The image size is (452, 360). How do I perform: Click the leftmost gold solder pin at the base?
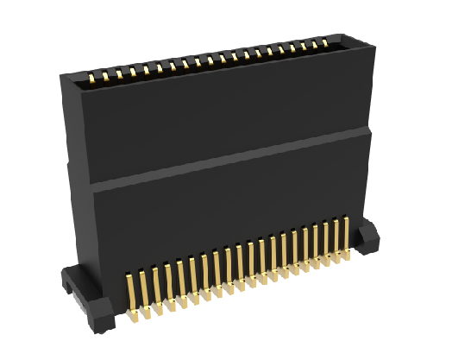129,294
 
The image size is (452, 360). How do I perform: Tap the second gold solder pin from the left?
142,288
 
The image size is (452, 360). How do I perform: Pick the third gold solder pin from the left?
155,285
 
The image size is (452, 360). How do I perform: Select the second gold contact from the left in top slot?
106,78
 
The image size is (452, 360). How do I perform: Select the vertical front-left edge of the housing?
87,190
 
